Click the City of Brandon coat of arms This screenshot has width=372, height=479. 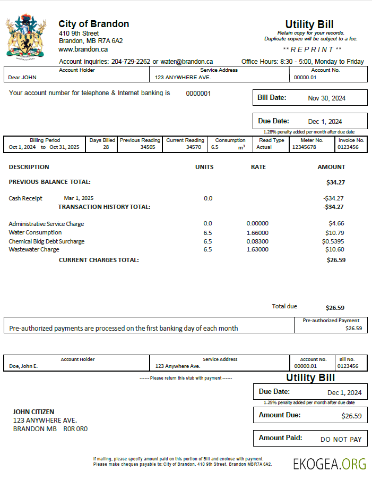click(x=25, y=36)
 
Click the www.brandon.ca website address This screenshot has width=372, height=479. click(x=83, y=49)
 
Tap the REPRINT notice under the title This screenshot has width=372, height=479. click(x=309, y=49)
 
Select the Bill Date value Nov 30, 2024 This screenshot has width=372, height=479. click(x=326, y=98)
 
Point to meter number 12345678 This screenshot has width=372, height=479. click(x=304, y=147)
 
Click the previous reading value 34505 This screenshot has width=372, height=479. click(x=148, y=147)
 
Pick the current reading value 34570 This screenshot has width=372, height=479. click(x=194, y=147)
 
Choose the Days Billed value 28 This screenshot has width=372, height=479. click(x=106, y=147)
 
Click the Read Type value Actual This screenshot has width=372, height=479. click(x=264, y=147)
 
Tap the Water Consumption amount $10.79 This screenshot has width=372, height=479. click(x=335, y=233)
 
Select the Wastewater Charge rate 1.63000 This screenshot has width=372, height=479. click(x=257, y=249)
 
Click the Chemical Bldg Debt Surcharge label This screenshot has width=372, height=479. click(x=47, y=241)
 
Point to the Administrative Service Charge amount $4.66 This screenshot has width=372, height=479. click(x=336, y=224)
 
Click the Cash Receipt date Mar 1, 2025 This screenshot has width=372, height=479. click(x=79, y=198)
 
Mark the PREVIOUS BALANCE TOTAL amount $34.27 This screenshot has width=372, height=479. click(x=335, y=182)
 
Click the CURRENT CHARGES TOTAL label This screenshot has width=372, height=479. click(x=99, y=260)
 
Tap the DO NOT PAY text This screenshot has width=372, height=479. click(x=341, y=440)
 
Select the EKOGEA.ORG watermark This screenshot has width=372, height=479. click(x=330, y=464)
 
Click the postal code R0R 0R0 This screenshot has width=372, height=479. click(x=75, y=429)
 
